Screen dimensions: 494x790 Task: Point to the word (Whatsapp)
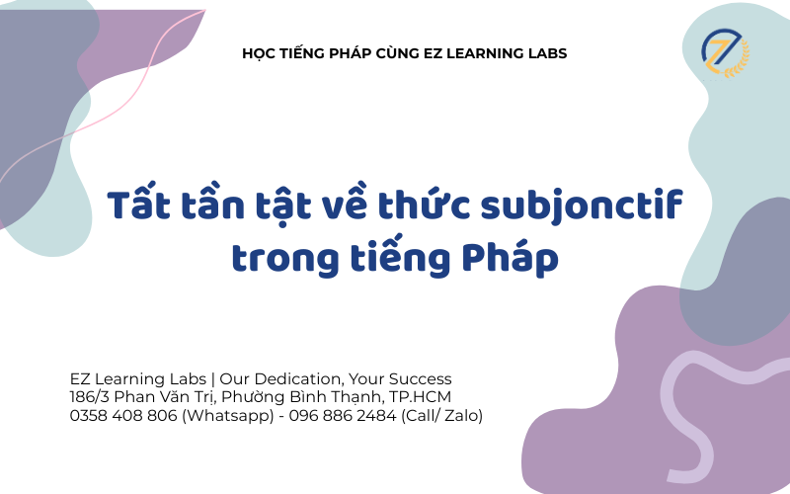tap(226, 416)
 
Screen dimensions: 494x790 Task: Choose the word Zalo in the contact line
tap(458, 416)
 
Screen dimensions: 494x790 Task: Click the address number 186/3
tap(90, 397)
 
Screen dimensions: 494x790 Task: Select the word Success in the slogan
tap(421, 378)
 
